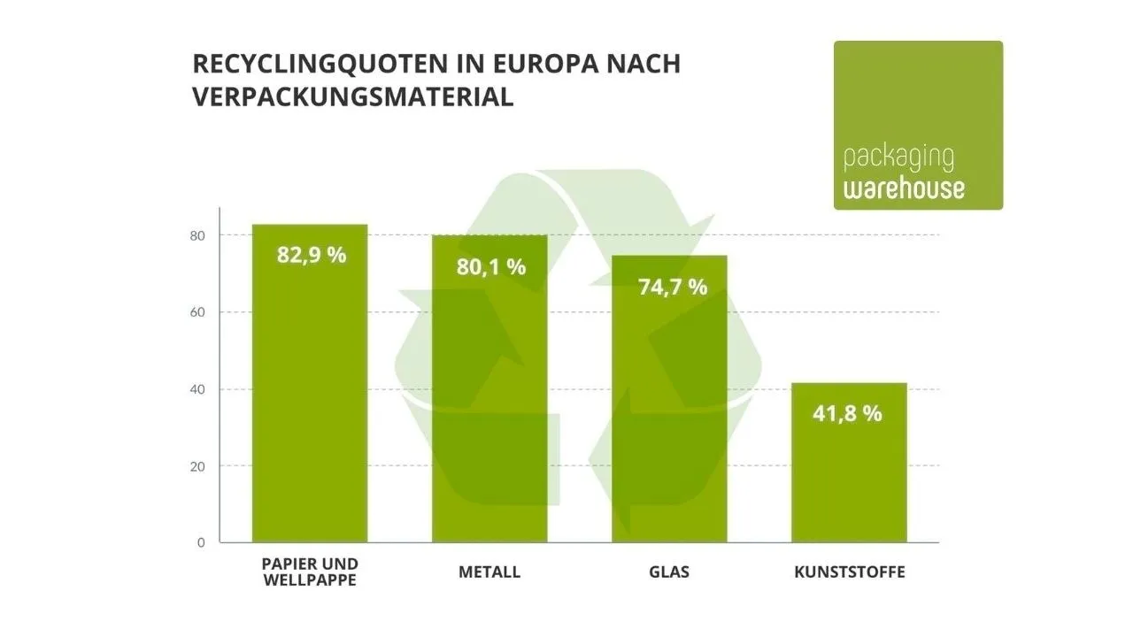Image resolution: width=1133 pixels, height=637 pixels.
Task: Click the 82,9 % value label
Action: tap(312, 256)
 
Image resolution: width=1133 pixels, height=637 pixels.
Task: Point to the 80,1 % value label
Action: tap(491, 266)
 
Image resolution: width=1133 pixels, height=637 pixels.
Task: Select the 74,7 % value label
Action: tap(672, 287)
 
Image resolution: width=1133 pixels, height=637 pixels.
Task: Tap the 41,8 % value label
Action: tap(847, 413)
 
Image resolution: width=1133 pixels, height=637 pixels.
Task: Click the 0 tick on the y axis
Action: tap(201, 542)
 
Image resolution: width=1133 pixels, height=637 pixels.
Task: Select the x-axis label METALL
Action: tap(489, 572)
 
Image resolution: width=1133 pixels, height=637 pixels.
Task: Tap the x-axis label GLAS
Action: tap(669, 572)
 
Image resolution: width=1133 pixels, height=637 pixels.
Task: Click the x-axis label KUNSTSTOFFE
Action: tap(850, 572)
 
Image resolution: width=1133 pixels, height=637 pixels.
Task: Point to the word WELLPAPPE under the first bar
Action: tap(310, 580)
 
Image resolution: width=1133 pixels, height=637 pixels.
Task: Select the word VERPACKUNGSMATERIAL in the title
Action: tap(352, 97)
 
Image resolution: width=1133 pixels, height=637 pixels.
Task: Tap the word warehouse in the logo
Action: tap(904, 188)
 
